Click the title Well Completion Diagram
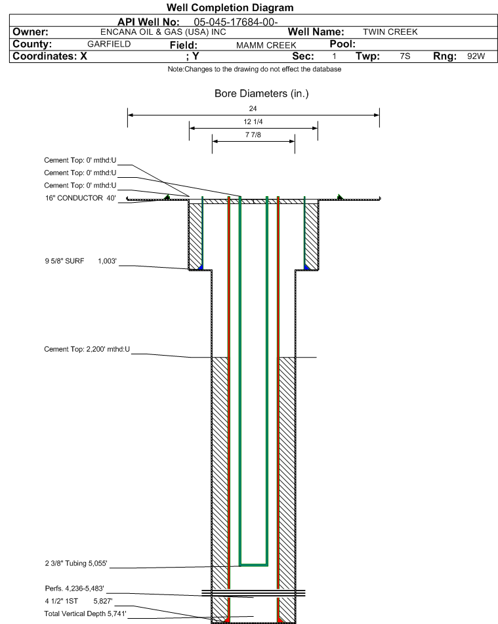[x=230, y=8]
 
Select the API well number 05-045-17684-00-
[x=236, y=22]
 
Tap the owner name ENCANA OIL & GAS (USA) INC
[x=154, y=31]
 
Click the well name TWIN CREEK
[x=390, y=31]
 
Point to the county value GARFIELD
[x=109, y=44]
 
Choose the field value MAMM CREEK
[x=266, y=45]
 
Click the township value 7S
[x=405, y=56]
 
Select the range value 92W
[x=476, y=56]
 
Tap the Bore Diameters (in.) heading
[x=261, y=94]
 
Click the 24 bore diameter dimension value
[x=253, y=108]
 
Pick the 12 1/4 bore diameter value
[x=253, y=122]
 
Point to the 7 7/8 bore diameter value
[x=253, y=135]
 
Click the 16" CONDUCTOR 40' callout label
[x=80, y=198]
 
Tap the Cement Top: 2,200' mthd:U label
[x=87, y=349]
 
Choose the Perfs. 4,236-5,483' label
[x=74, y=588]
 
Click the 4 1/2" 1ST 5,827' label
[x=74, y=600]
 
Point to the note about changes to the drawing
[x=255, y=69]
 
